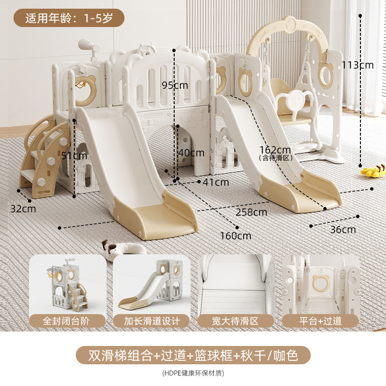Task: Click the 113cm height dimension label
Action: coord(358,65)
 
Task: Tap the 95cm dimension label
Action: coord(175,85)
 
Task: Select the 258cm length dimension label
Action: coord(251,212)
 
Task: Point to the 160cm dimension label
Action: coord(235,236)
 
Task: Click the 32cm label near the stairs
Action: coord(23,209)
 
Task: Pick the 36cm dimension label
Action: coord(343,230)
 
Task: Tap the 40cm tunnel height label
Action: coord(191,153)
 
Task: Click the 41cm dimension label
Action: coord(216,182)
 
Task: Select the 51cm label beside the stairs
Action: coord(74,155)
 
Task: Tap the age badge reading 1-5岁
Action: coord(69,18)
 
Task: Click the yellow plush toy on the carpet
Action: coord(373,170)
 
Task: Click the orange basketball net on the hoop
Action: coord(81,85)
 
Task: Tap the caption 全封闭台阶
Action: coord(66,321)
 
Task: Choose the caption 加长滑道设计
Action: coord(152,321)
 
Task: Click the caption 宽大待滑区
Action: coord(235,321)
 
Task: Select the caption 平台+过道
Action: coord(320,321)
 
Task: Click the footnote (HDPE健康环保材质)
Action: coord(193,373)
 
